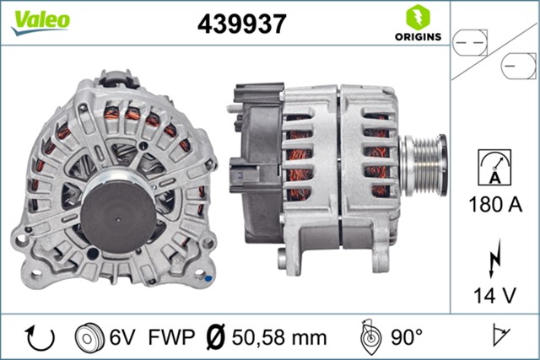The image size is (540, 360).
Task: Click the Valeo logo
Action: [40, 21]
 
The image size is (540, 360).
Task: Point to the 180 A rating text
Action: [494, 203]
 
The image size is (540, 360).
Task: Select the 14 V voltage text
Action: [494, 295]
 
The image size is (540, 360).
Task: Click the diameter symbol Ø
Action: [215, 338]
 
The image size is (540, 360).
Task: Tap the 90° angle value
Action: [406, 338]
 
